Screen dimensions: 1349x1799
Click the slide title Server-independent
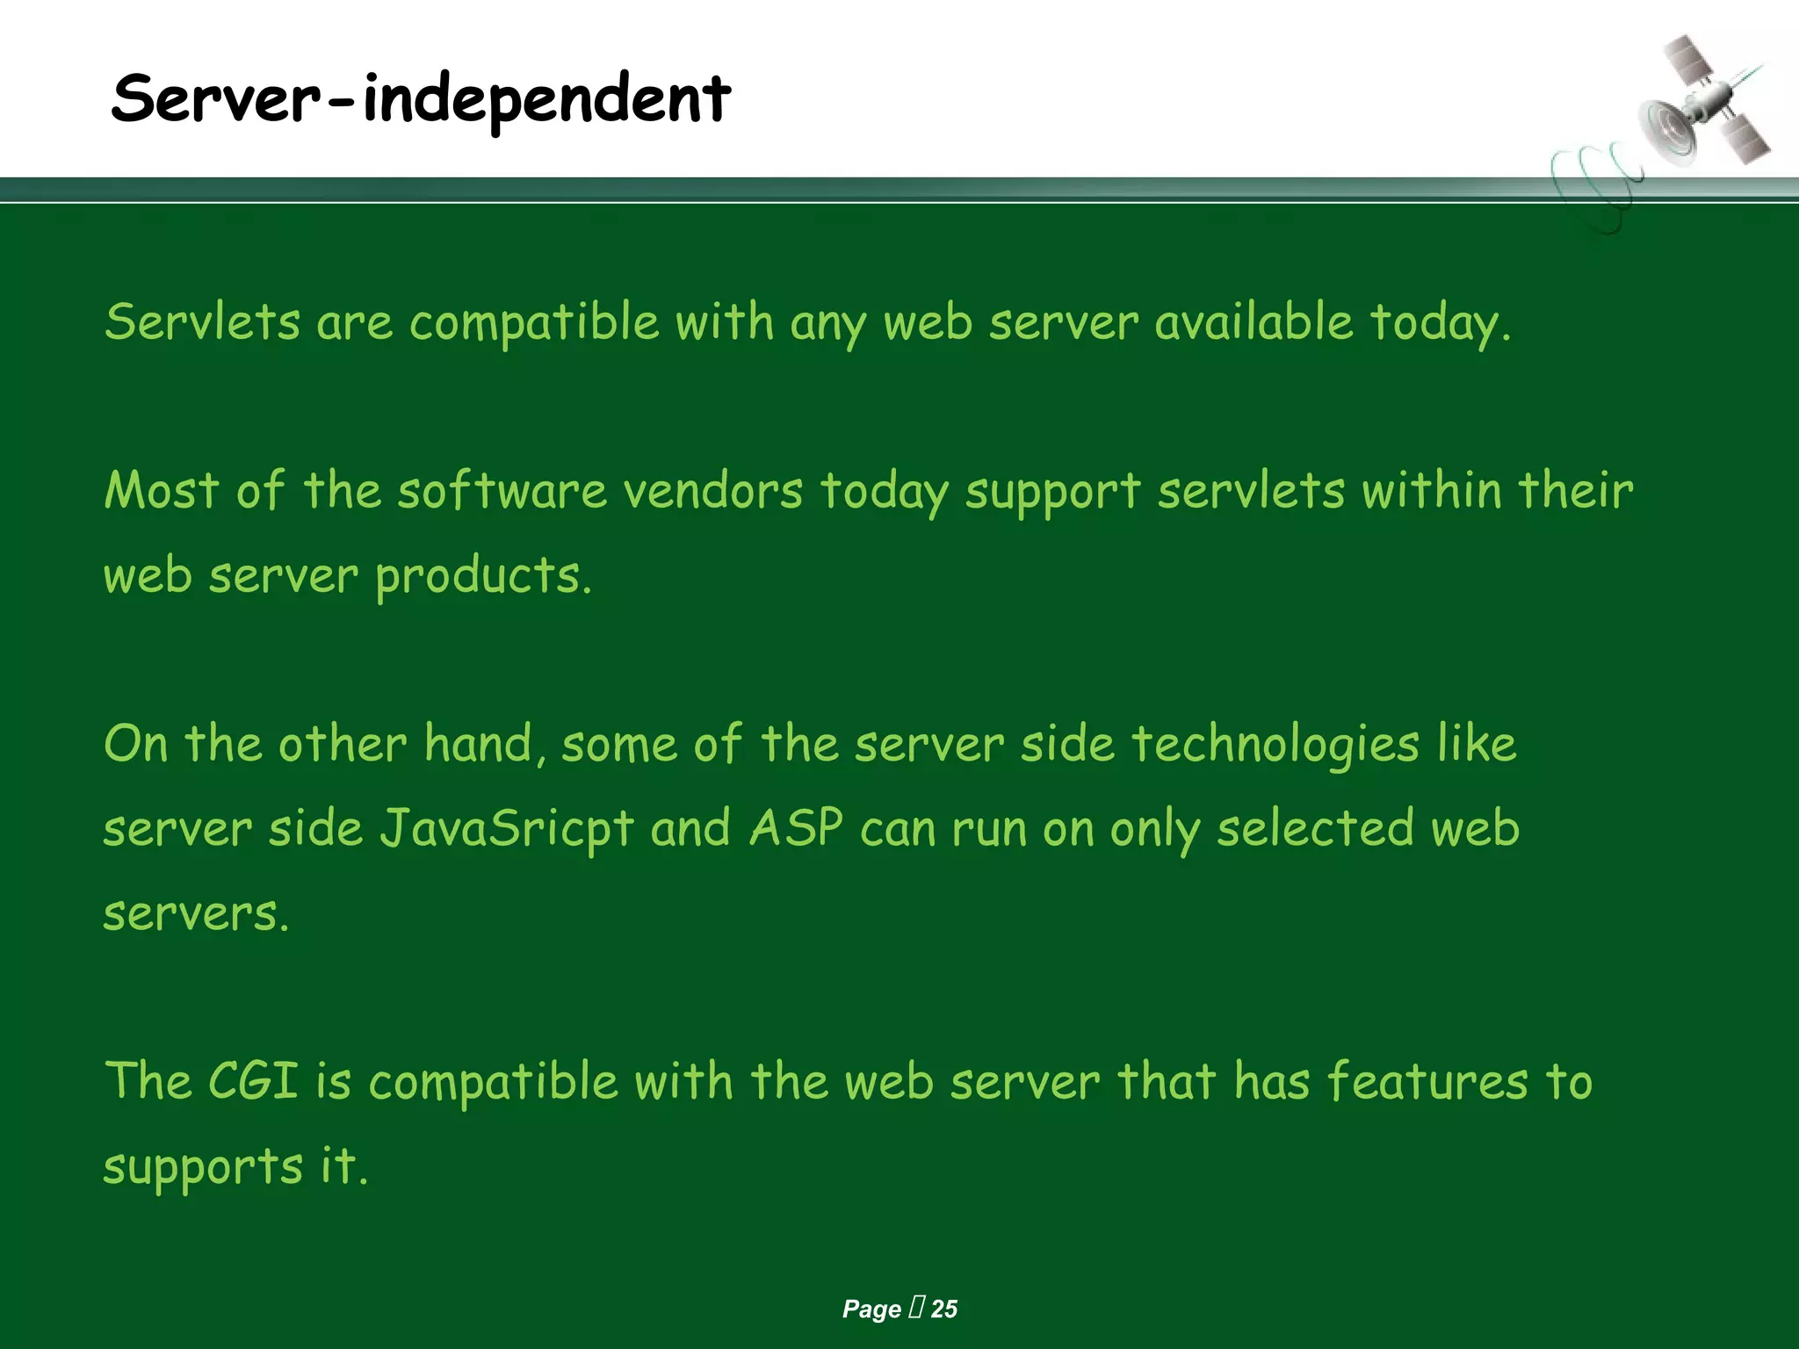coord(420,98)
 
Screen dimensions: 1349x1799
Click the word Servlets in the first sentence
coord(202,321)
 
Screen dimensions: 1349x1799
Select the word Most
coord(161,490)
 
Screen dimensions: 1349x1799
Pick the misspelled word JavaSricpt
coord(506,828)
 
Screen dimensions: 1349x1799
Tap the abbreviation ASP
coord(796,828)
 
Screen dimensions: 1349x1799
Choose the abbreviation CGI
coord(253,1081)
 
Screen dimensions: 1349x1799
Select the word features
coord(1427,1081)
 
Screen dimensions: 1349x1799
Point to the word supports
coord(203,1168)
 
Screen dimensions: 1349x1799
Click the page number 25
coord(943,1309)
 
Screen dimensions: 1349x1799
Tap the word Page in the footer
coord(871,1309)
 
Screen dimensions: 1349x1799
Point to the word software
coord(502,490)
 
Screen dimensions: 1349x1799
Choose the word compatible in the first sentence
coord(534,323)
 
